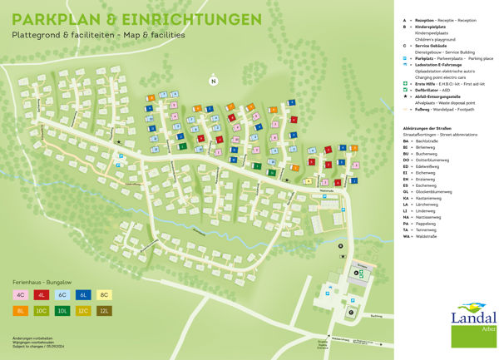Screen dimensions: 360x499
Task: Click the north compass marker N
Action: click(214, 81)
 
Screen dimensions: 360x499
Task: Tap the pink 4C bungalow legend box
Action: click(20, 294)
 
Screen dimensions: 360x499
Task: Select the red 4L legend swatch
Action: click(42, 294)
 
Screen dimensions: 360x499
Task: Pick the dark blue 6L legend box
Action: click(83, 294)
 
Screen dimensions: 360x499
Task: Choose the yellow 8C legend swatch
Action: click(104, 294)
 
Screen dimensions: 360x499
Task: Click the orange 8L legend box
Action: click(20, 310)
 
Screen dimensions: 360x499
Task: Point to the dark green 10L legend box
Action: click(62, 310)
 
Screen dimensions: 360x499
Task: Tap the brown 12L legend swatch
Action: click(104, 310)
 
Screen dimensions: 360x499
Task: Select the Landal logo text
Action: click(473, 317)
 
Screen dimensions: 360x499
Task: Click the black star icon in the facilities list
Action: click(404, 96)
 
